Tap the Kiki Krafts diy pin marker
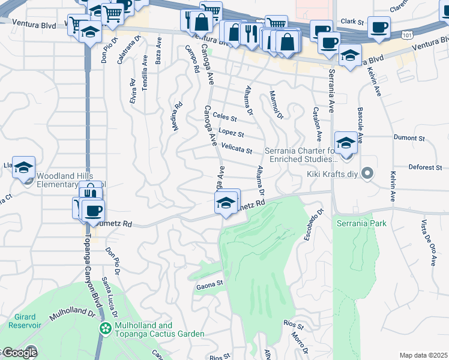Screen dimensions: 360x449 pyautogui.click(x=369, y=175)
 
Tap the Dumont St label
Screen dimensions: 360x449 pyautogui.click(x=409, y=138)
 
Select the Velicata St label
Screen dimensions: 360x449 pyautogui.click(x=237, y=148)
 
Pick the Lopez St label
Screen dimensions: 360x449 pyautogui.click(x=231, y=133)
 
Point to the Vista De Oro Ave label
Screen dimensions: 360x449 pyautogui.click(x=428, y=243)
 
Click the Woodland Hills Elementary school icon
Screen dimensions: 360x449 pyautogui.click(x=23, y=167)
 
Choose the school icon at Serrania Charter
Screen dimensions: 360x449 pyautogui.click(x=346, y=143)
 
